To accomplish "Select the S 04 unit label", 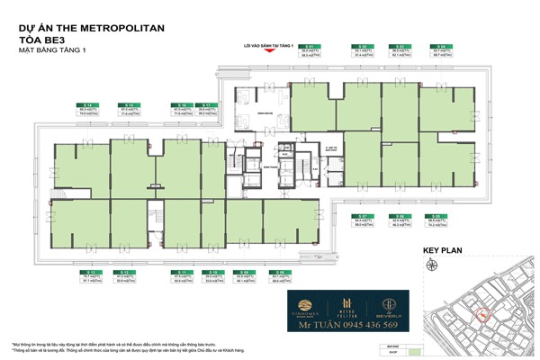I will click(442, 46).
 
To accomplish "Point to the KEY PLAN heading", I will click(442, 253).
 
